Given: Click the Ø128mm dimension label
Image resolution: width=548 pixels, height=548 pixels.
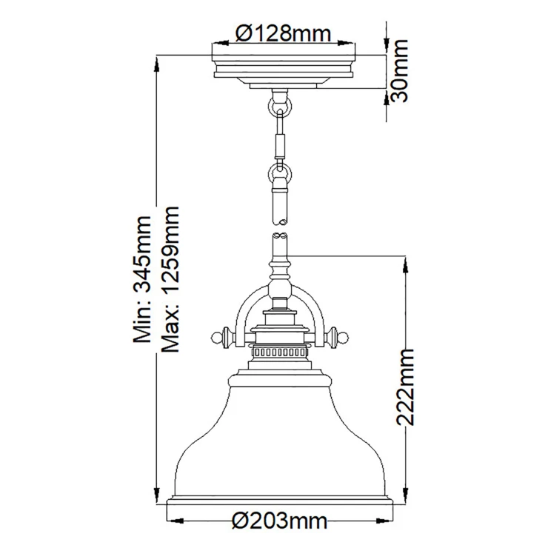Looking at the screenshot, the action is [283, 34].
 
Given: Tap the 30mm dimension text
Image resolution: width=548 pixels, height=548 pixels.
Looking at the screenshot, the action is [398, 71].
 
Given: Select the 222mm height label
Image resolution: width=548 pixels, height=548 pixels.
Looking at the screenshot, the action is [404, 387].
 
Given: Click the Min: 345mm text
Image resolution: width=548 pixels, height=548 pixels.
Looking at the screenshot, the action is [142, 278].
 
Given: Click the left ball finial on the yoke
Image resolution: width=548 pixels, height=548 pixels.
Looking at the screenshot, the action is [217, 338].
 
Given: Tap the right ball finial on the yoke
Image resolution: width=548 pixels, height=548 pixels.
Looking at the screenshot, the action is [344, 338].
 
